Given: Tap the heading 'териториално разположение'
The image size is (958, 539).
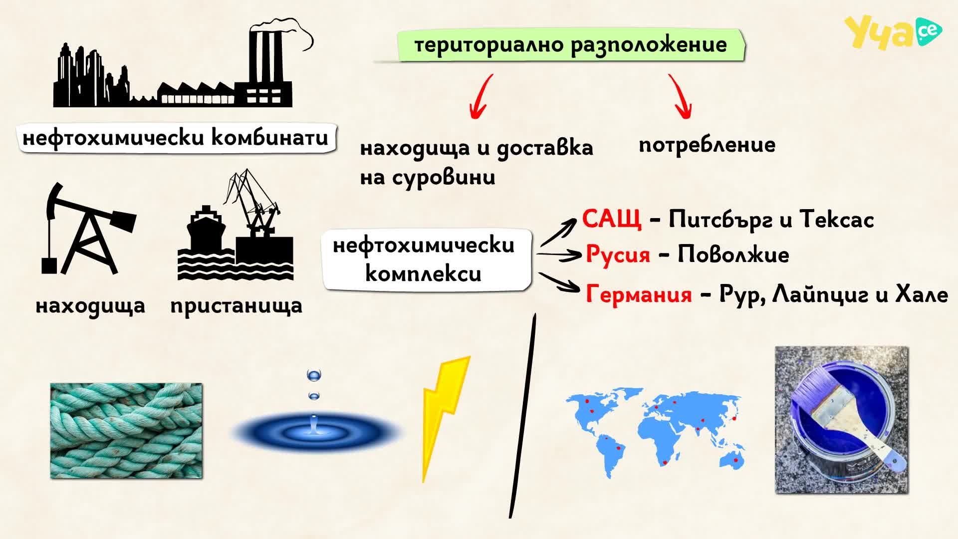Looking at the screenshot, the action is pyautogui.click(x=570, y=45).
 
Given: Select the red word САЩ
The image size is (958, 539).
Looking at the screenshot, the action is pyautogui.click(x=612, y=219).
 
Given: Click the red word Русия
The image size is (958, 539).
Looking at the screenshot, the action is pyautogui.click(x=618, y=254).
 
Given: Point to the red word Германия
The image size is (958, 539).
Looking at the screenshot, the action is pyautogui.click(x=639, y=293).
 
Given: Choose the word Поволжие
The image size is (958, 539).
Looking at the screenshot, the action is pyautogui.click(x=733, y=255).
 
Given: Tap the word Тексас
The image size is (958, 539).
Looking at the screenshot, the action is pyautogui.click(x=837, y=219).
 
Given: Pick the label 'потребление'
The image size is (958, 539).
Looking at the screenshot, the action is pyautogui.click(x=707, y=145).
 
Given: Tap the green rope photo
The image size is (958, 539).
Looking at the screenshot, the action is pyautogui.click(x=126, y=431).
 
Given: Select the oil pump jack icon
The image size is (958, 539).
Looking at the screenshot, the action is pyautogui.click(x=87, y=229).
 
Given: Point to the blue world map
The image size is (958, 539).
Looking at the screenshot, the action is pyautogui.click(x=655, y=432).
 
